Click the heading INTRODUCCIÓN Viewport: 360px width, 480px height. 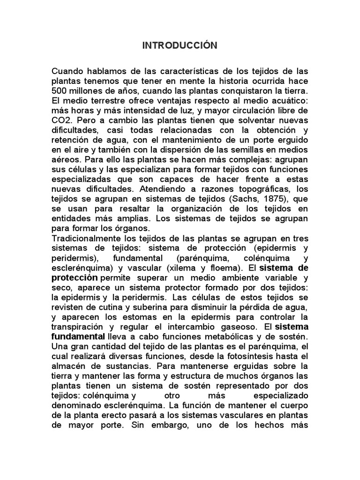[180, 45]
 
